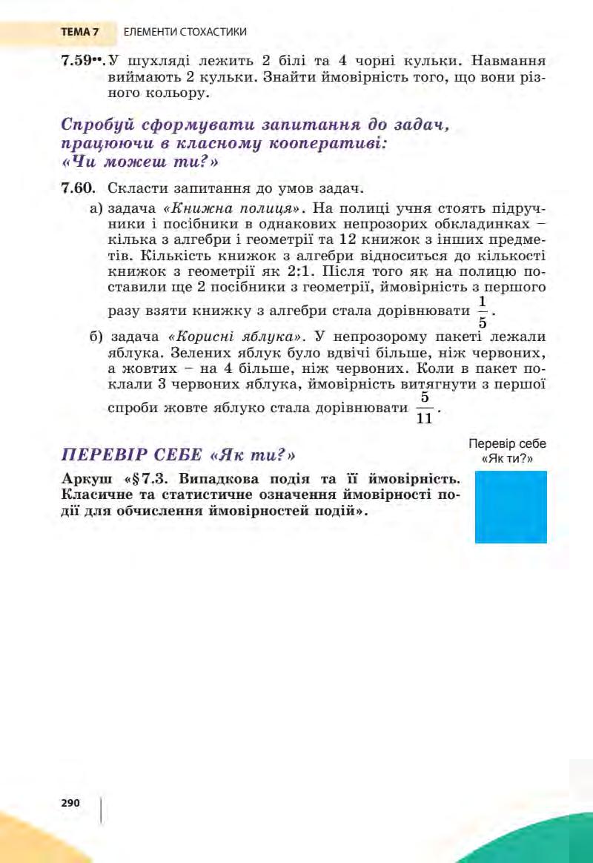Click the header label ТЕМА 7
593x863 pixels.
pos(79,32)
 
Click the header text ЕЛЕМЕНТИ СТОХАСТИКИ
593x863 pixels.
pos(185,32)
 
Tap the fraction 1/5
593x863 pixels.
pos(483,313)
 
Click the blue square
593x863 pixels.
pos(511,507)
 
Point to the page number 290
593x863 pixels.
pos(70,802)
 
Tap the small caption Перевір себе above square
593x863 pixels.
pos(508,443)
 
